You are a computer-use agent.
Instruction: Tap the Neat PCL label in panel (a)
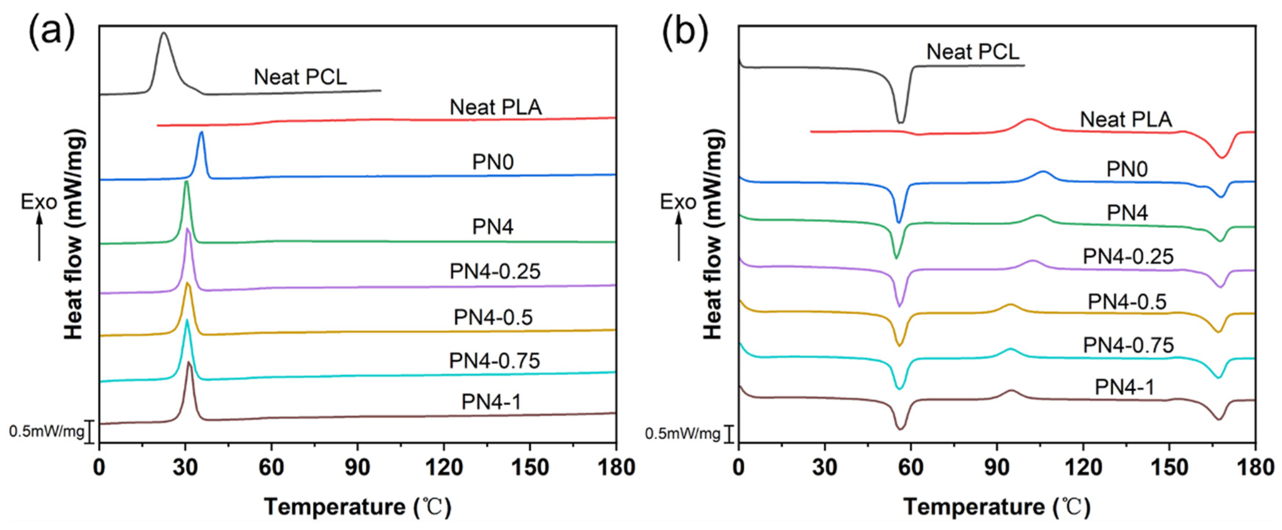[x=300, y=77]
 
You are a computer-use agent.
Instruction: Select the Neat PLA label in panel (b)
[x=1126, y=120]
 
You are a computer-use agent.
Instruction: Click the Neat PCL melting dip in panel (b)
[x=901, y=121]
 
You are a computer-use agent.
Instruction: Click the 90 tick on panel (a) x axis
[x=357, y=468]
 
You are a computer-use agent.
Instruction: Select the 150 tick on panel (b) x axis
[x=1169, y=468]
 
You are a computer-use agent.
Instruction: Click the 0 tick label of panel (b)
[x=739, y=468]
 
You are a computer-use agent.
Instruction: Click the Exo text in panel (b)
[x=678, y=202]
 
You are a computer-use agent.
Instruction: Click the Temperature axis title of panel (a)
[x=357, y=508]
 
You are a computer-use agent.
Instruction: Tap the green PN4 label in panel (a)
[x=493, y=227]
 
